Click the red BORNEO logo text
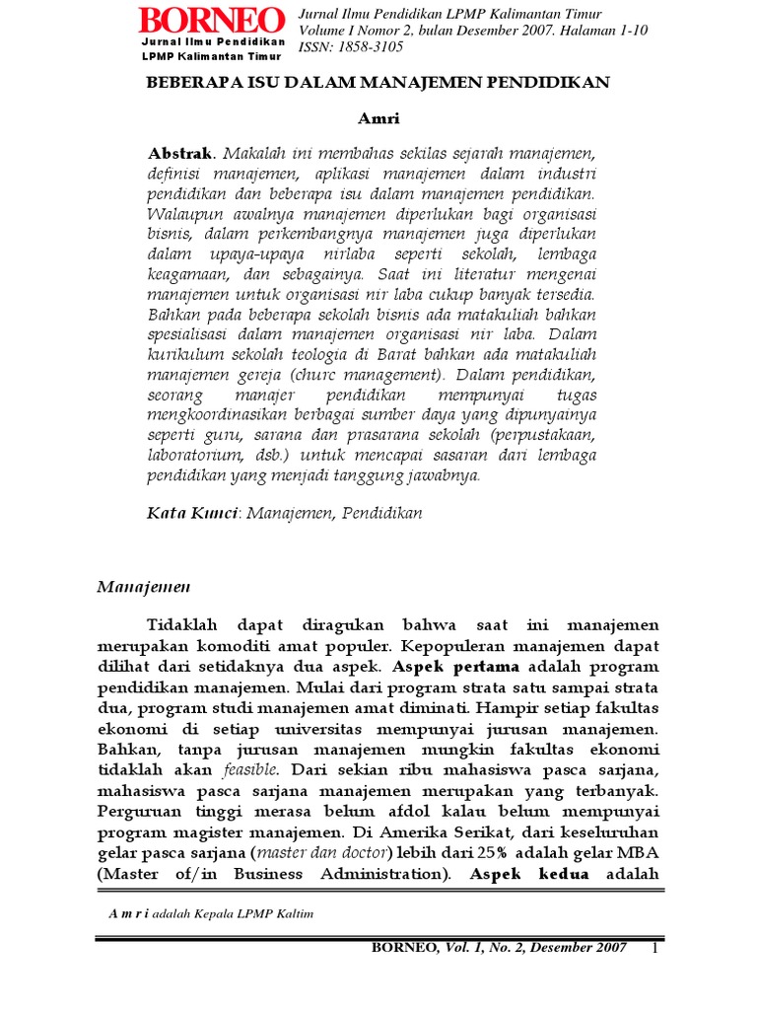(212, 21)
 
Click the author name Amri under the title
(378, 118)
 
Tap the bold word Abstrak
(181, 154)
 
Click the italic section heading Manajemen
(144, 587)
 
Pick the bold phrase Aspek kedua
(529, 874)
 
